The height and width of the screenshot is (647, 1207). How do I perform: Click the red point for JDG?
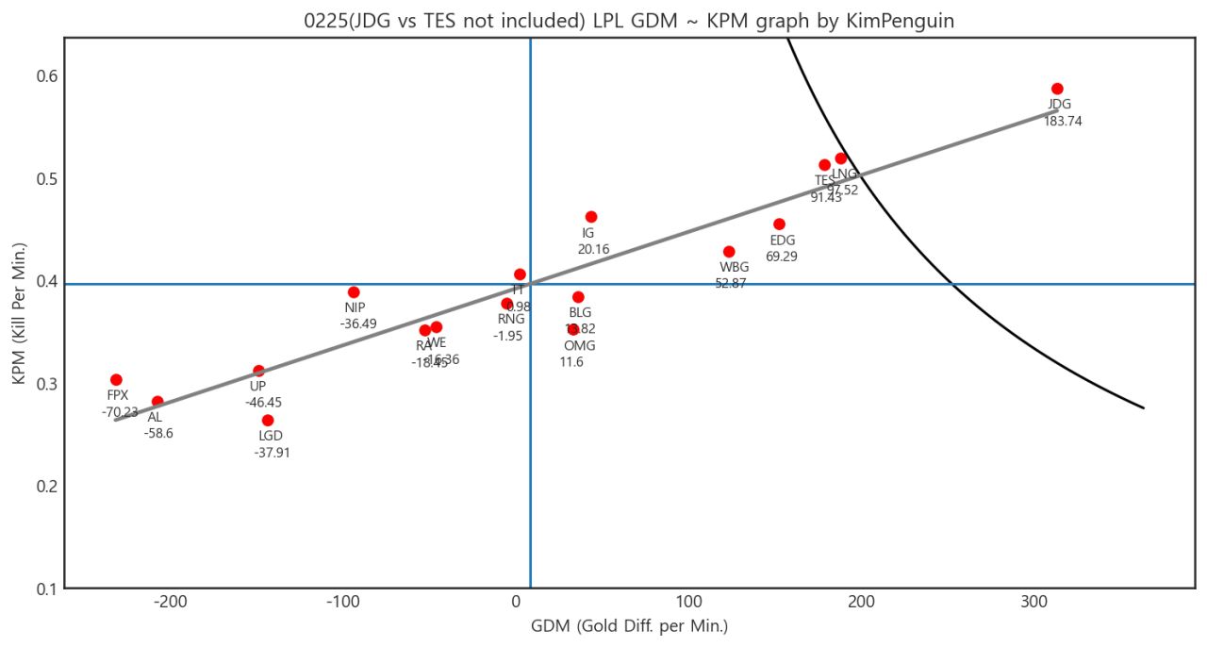(x=1057, y=89)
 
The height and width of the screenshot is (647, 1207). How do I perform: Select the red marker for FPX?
(x=116, y=380)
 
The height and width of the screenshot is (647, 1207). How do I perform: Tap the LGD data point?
(x=268, y=421)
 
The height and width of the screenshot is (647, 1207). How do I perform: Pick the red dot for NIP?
(x=354, y=292)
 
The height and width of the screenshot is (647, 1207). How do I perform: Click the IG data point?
(x=591, y=217)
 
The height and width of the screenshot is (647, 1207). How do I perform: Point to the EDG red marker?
(x=779, y=224)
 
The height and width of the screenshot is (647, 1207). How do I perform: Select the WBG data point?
(x=729, y=252)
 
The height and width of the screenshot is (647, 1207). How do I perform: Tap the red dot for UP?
(x=258, y=372)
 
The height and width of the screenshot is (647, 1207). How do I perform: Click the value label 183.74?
(x=1063, y=122)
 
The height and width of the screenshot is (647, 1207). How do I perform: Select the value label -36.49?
(x=358, y=323)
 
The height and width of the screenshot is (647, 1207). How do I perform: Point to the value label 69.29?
(x=782, y=257)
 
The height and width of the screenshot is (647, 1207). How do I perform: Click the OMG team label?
(x=580, y=345)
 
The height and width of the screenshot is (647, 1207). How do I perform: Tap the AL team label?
(x=155, y=417)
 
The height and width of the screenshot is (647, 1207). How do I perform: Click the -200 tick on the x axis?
(x=170, y=604)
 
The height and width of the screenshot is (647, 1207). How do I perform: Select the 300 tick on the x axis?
(x=1034, y=604)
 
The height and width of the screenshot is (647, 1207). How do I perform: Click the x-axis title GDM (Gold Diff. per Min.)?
(x=629, y=626)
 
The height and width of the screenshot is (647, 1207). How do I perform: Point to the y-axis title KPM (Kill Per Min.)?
(x=18, y=313)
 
